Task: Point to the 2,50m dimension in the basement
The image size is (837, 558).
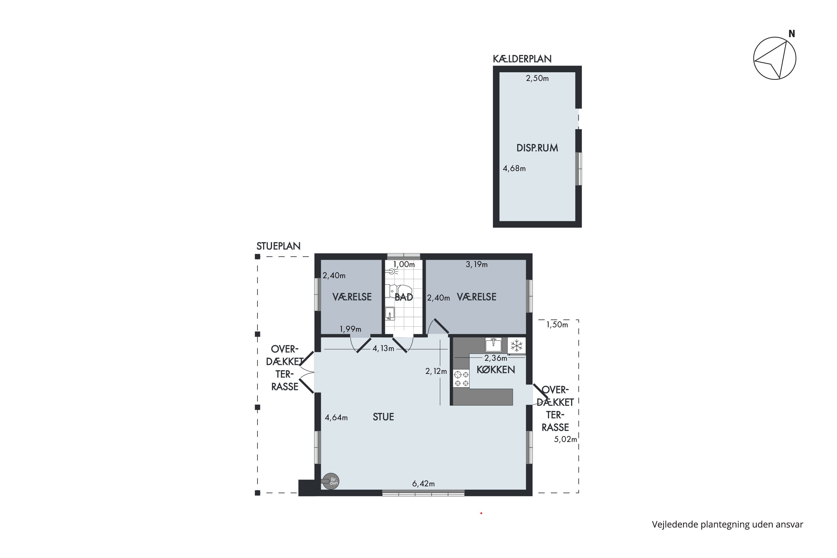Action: [x=537, y=78]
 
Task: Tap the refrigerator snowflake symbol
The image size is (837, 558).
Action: [x=516, y=345]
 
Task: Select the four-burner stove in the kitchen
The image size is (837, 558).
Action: [x=461, y=379]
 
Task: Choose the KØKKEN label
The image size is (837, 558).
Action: [x=496, y=370]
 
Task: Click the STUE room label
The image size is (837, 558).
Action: [x=383, y=417]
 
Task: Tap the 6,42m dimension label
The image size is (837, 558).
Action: [x=424, y=484]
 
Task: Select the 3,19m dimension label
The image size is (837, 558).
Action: [x=477, y=264]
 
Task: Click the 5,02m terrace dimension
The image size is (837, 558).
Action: [x=566, y=439]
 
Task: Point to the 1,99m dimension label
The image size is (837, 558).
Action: [x=350, y=329]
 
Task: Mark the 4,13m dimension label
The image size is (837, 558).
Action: [x=383, y=348]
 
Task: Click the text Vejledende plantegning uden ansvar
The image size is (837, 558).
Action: [x=727, y=524]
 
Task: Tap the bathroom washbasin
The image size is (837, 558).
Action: [x=390, y=314]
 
